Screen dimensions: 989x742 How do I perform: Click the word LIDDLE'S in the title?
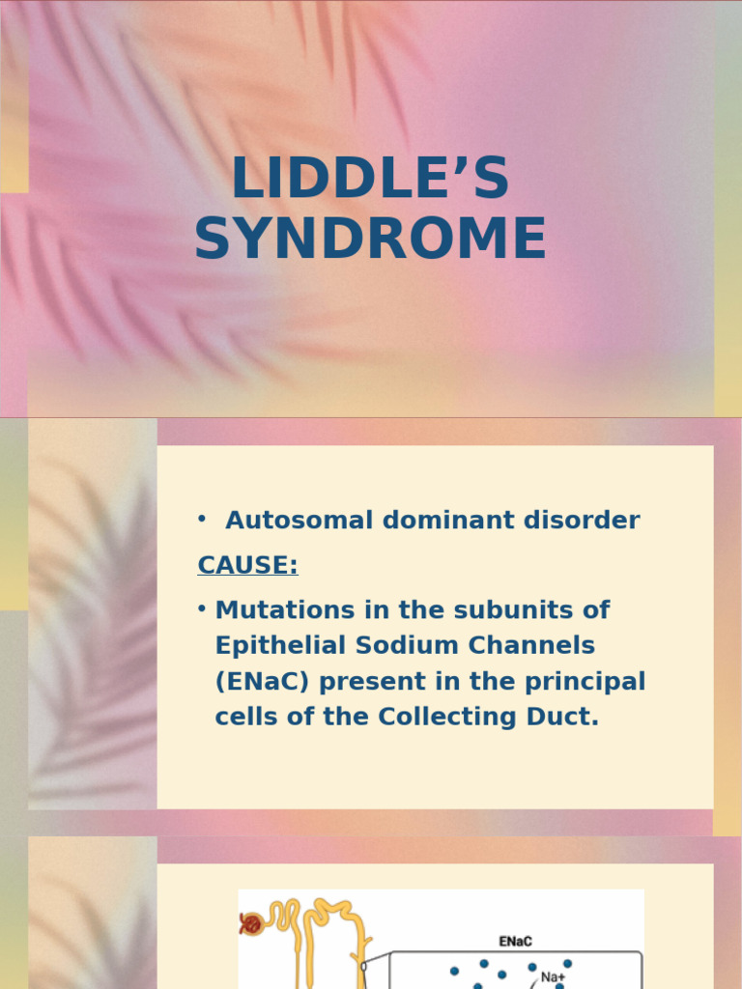click(370, 180)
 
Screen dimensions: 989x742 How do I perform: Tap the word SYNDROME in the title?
click(370, 240)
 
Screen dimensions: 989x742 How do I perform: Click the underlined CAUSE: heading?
click(247, 565)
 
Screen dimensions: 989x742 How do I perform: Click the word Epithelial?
click(273, 645)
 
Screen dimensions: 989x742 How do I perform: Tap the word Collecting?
click(442, 718)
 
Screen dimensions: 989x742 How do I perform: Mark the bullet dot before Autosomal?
click(202, 519)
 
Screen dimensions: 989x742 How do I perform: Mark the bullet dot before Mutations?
click(202, 608)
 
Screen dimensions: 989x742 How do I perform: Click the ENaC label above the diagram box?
click(516, 941)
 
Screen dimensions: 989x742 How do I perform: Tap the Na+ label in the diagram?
click(554, 977)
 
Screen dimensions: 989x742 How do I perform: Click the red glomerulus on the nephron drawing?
click(251, 924)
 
